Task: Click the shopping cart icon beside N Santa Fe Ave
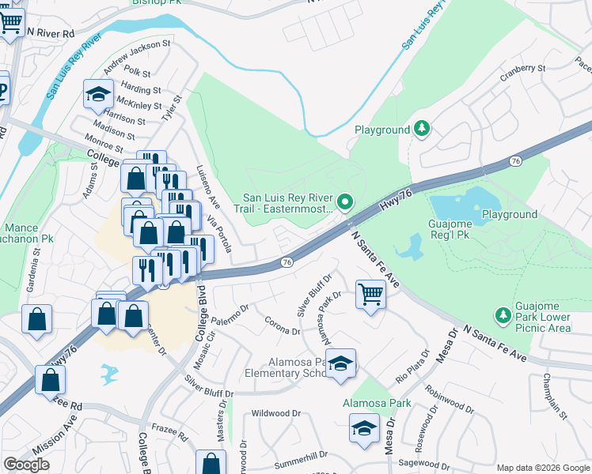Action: [370, 295]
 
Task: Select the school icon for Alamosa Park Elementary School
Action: [341, 364]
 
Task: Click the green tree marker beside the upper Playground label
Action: [423, 129]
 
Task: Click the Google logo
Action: [26, 465]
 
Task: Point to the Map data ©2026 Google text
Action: [542, 468]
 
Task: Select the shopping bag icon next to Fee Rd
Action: [51, 380]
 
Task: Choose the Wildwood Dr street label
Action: [275, 413]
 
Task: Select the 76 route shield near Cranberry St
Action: [516, 160]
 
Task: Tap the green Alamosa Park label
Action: [377, 403]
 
